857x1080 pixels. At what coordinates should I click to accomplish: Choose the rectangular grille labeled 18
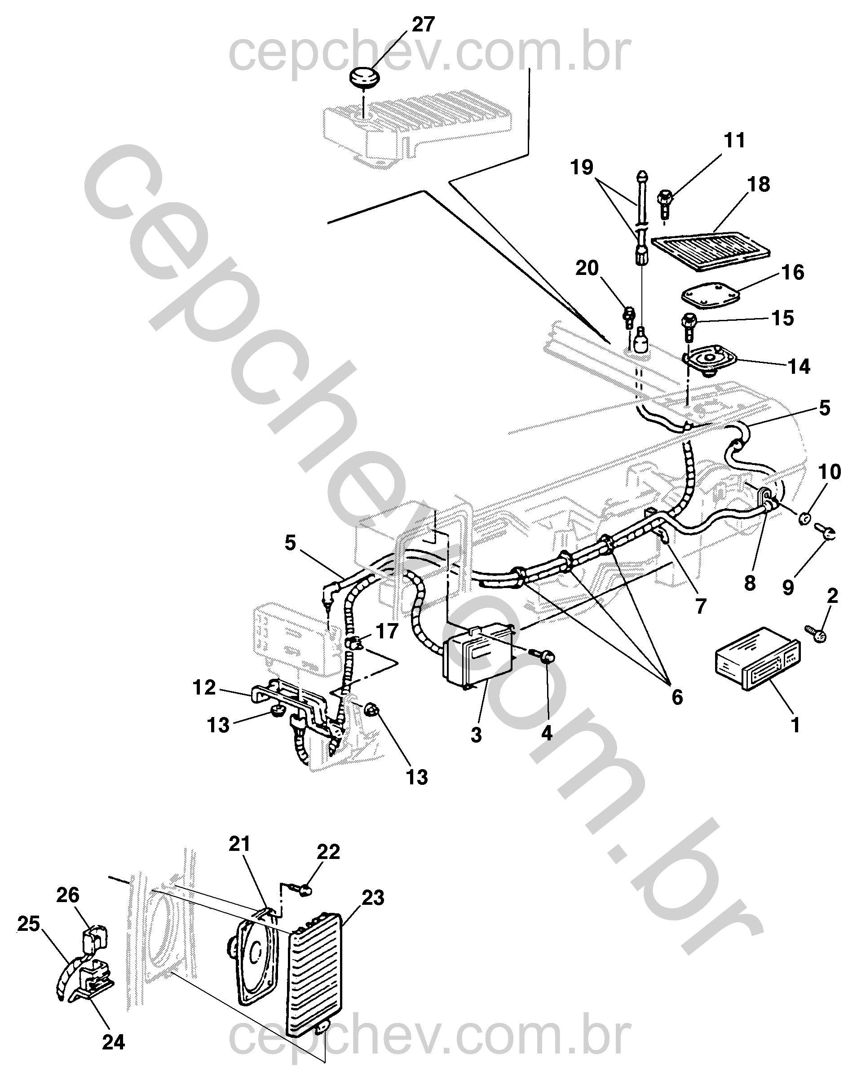[x=712, y=252]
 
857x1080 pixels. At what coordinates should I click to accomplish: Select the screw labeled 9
[x=825, y=531]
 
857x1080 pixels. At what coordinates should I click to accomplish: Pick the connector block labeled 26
[x=95, y=938]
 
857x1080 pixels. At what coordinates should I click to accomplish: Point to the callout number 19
[x=582, y=167]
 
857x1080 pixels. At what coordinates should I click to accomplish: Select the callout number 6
[x=677, y=697]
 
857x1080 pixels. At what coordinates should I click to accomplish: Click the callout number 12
[x=204, y=687]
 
